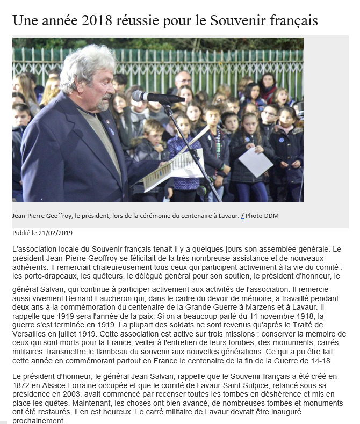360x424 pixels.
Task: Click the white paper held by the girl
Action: click(x=255, y=161)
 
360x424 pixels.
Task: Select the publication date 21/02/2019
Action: click(x=55, y=233)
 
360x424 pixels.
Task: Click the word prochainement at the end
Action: click(x=39, y=420)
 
